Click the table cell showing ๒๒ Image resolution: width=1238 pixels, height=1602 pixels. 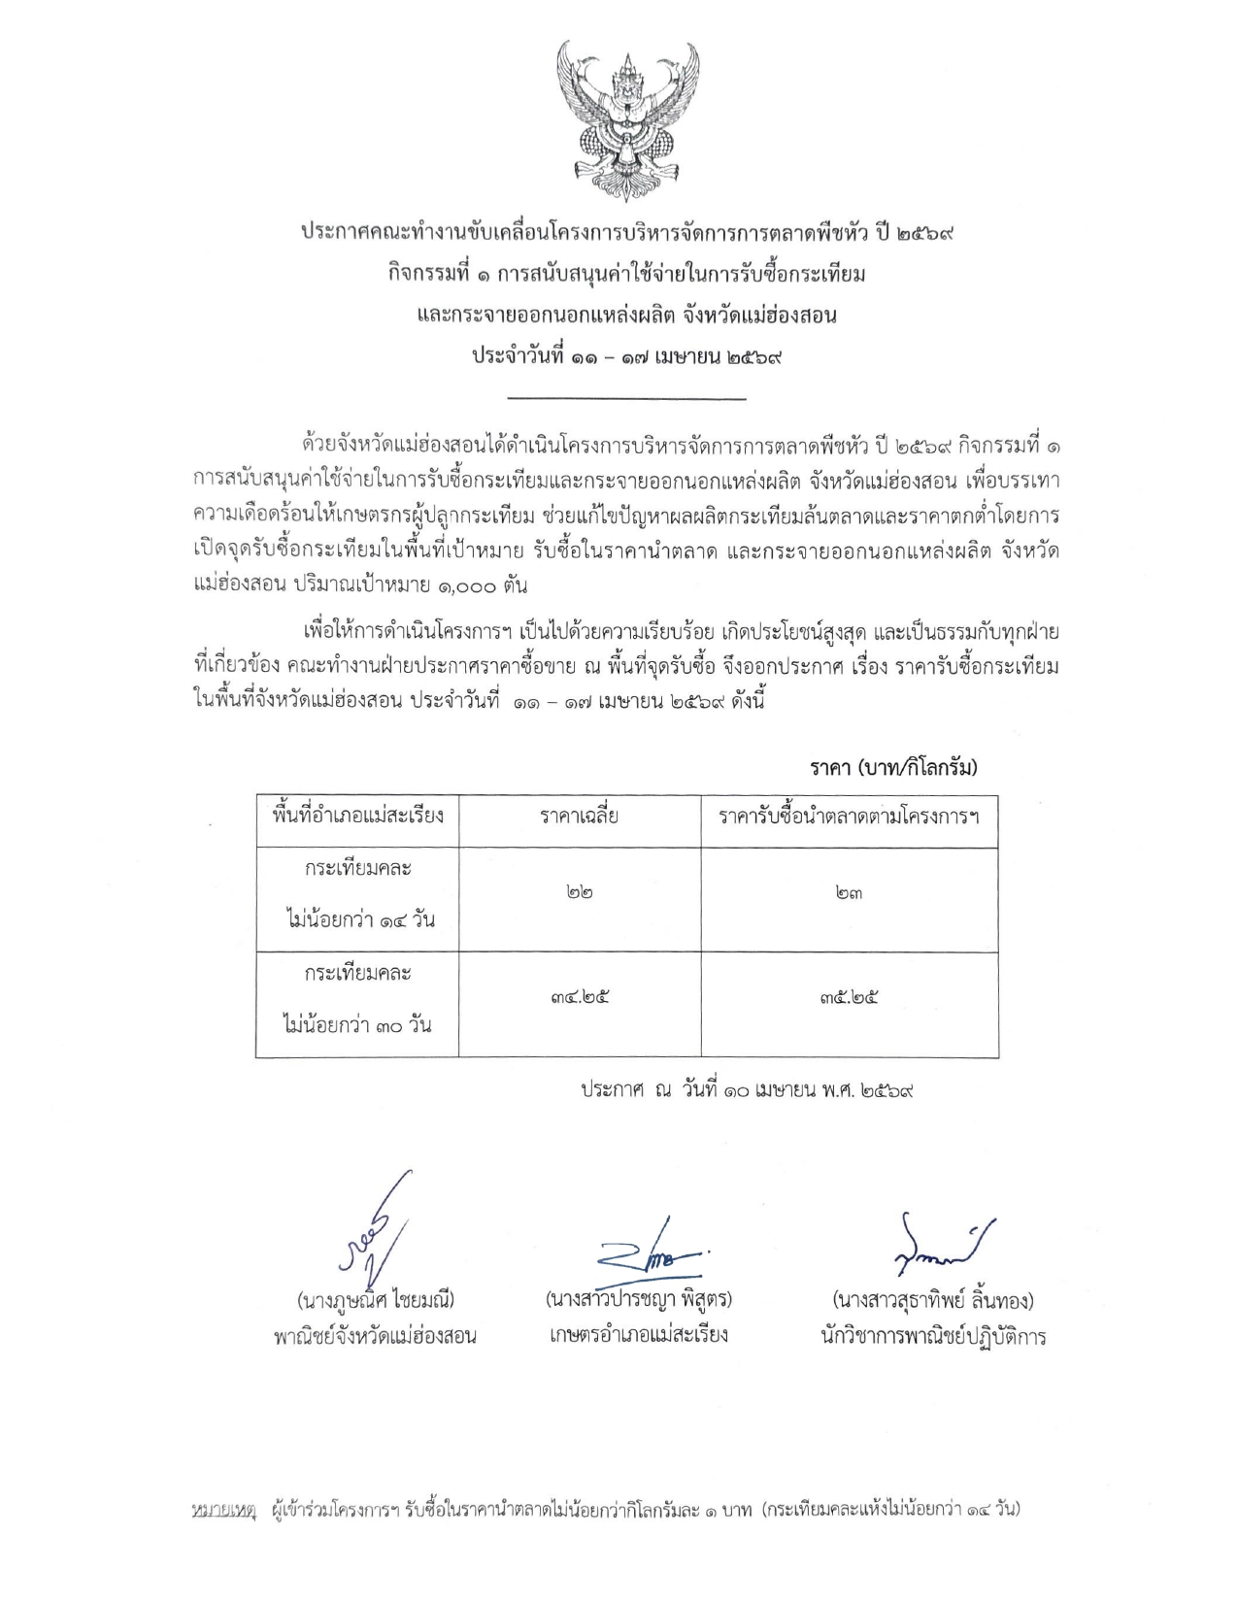click(x=580, y=892)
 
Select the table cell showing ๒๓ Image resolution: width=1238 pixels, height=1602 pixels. click(x=849, y=892)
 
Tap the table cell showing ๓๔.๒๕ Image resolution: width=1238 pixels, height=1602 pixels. click(x=580, y=997)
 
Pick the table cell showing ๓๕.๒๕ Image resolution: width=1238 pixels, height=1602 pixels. click(x=849, y=997)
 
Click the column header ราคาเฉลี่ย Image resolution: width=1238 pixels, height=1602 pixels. click(x=580, y=817)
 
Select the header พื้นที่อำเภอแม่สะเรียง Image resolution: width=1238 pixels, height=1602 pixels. click(x=357, y=815)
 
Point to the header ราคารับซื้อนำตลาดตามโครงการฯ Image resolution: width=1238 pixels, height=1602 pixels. click(x=849, y=817)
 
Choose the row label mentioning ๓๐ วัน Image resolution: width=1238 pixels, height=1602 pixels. click(x=357, y=998)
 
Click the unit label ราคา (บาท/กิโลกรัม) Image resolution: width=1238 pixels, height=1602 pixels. click(x=893, y=768)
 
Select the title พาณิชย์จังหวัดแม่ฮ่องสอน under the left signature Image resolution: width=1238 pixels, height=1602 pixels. click(x=375, y=1337)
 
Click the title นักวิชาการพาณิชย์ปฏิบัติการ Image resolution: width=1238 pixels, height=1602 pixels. click(x=932, y=1337)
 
